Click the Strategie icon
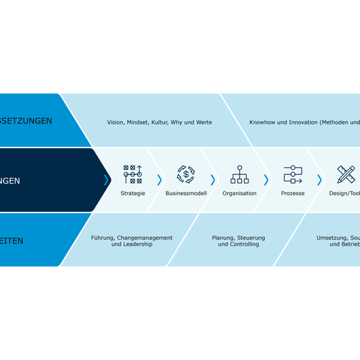[132, 175]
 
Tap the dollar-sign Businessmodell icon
[186, 175]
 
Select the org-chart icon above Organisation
[239, 175]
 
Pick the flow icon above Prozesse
[292, 175]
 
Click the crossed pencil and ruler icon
[346, 175]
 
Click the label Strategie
[132, 194]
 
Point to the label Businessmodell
[186, 194]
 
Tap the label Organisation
[239, 194]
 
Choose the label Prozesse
[292, 194]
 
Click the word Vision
[116, 122]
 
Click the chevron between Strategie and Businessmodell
[159, 180]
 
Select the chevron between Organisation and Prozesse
[266, 180]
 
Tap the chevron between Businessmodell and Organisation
[212, 180]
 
